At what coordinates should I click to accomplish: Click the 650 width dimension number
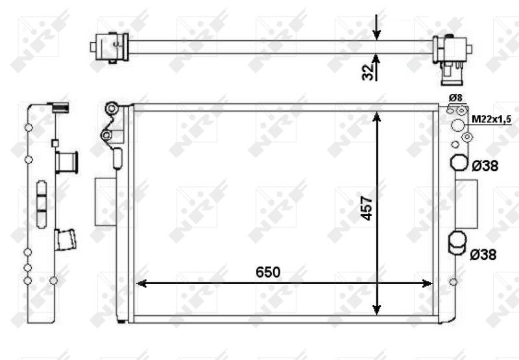267,272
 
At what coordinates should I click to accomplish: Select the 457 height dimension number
367,208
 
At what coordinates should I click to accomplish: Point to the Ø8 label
455,98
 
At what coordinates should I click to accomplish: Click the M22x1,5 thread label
492,119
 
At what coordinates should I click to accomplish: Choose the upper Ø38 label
485,166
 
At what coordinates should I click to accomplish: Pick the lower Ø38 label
484,255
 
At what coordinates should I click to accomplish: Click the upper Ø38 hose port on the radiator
459,163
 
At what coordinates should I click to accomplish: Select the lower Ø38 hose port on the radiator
457,241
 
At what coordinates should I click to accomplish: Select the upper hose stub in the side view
66,162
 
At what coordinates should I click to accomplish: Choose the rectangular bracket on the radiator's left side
104,202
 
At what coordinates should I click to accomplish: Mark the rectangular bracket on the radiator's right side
466,202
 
